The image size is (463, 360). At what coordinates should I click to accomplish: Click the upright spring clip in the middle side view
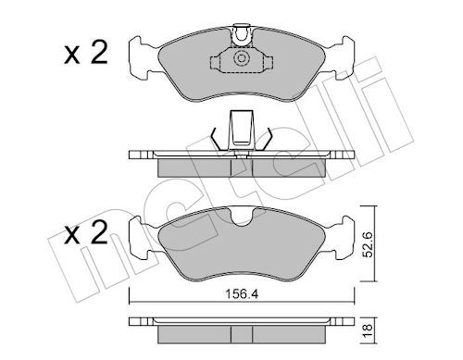coord(241,127)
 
